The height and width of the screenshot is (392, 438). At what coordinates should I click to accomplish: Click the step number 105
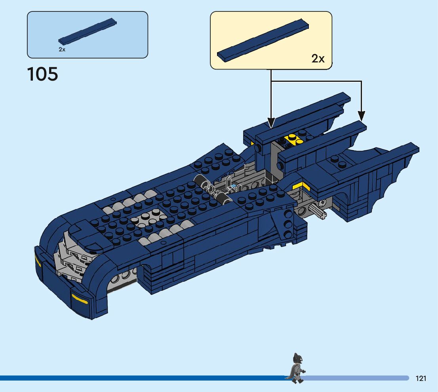43,74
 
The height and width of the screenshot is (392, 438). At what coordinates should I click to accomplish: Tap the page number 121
421,379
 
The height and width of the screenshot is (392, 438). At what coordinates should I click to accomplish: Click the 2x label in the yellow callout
318,59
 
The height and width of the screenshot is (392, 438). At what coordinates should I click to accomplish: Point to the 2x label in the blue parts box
62,49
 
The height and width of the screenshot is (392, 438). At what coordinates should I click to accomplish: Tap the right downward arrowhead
361,116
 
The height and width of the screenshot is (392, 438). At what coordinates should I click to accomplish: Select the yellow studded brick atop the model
293,139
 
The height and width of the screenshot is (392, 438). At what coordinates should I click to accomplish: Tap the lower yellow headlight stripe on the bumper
79,299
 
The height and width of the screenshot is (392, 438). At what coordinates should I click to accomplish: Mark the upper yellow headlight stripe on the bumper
38,260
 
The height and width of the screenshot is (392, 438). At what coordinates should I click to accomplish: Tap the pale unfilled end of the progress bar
356,378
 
